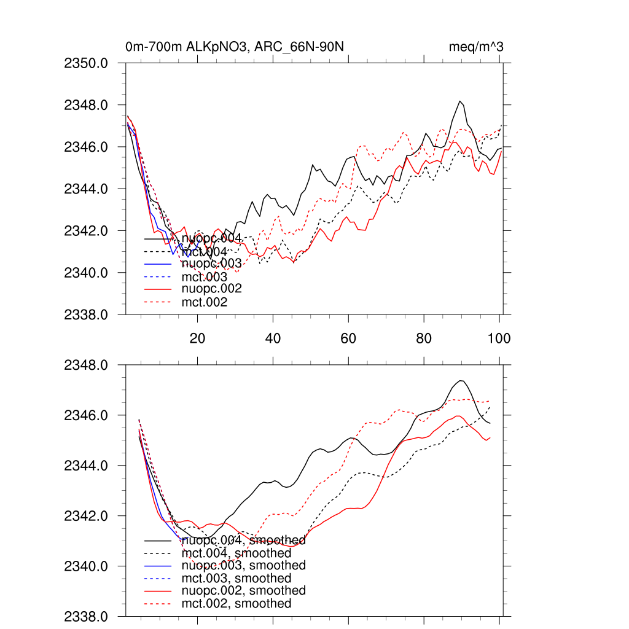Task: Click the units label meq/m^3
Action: pos(477,47)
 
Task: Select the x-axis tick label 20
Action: pos(197,338)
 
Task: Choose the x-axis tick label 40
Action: pos(273,338)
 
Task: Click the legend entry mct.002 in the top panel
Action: pos(205,302)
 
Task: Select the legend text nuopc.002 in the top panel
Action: pos(211,288)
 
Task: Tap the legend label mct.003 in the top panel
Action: pos(205,277)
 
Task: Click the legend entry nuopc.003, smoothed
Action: pos(243,565)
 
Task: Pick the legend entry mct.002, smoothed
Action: pos(236,603)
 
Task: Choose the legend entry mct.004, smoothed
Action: pos(236,553)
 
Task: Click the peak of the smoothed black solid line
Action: pos(461,381)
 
